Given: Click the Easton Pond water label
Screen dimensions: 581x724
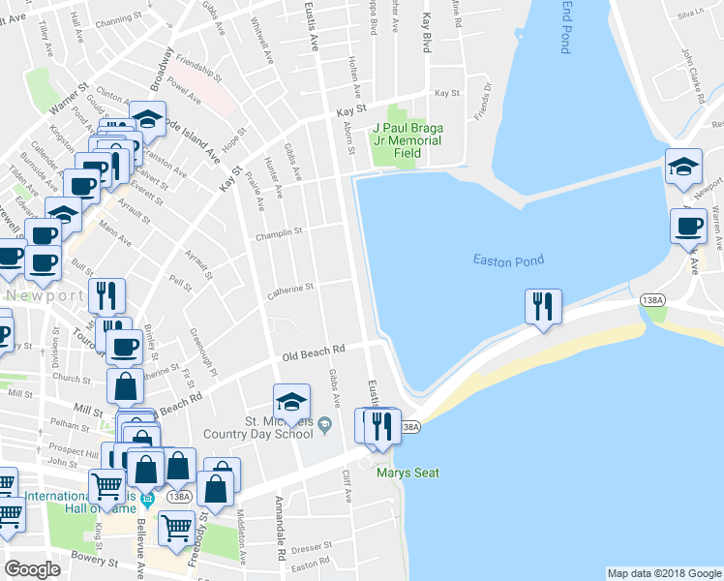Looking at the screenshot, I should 508,260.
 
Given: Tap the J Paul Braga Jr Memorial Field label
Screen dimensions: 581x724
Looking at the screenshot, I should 407,140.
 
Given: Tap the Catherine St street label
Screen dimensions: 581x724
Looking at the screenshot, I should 290,288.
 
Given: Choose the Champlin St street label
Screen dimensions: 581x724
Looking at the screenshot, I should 279,232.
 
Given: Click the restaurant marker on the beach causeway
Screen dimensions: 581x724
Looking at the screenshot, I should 542,306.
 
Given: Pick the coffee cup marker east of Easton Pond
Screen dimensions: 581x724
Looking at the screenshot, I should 688,226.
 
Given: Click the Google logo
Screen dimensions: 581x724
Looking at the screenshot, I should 32,569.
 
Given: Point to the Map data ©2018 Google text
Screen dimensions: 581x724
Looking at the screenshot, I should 664,573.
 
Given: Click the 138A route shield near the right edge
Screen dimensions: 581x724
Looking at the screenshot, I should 653,301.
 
